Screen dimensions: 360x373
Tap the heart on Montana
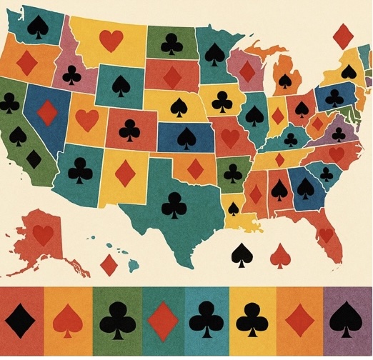[111, 41]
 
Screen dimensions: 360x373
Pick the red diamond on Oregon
[26, 63]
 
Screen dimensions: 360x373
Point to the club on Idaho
[71, 74]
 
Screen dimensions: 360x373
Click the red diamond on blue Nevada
[48, 112]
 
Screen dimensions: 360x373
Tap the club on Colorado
[130, 129]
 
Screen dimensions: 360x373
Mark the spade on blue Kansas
[186, 137]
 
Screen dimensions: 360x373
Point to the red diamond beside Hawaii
[109, 265]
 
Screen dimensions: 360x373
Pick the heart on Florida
[327, 233]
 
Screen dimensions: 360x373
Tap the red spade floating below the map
[281, 254]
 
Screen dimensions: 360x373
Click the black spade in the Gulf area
[240, 254]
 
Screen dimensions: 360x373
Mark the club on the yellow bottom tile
[252, 319]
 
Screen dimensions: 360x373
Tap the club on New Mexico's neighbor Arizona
[81, 170]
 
